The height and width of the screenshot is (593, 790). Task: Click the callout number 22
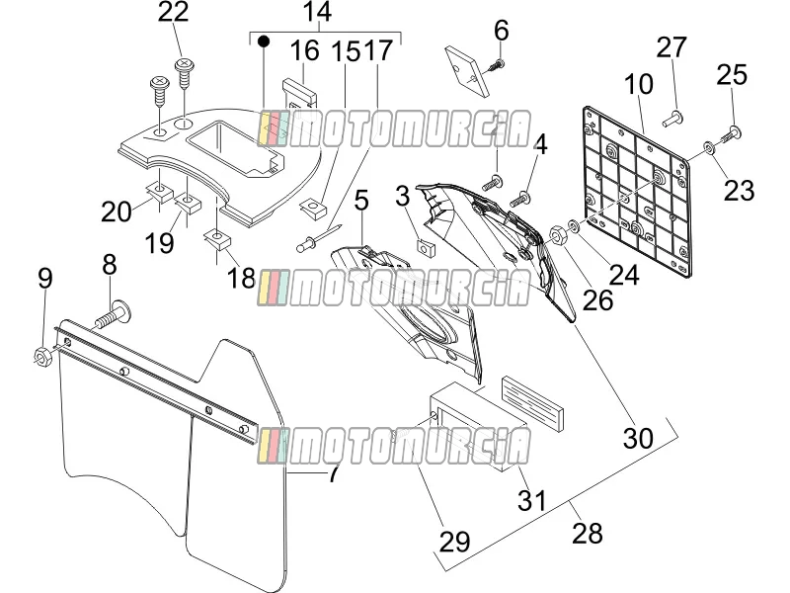click(x=174, y=12)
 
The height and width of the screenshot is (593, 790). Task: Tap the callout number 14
click(x=317, y=12)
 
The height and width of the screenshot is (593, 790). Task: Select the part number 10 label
click(x=638, y=84)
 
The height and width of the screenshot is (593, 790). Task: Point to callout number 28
click(x=588, y=533)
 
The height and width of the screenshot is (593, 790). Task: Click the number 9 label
click(x=45, y=278)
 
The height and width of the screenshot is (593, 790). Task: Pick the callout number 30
click(x=638, y=438)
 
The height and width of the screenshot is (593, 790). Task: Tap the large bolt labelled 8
click(x=113, y=314)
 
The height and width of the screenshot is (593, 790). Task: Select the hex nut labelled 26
click(x=557, y=234)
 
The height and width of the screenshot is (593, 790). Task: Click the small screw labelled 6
click(x=495, y=66)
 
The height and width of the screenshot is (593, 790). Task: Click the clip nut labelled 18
click(x=217, y=239)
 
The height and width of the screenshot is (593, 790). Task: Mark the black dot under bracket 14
click(x=264, y=41)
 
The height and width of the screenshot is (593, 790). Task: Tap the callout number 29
click(x=455, y=542)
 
